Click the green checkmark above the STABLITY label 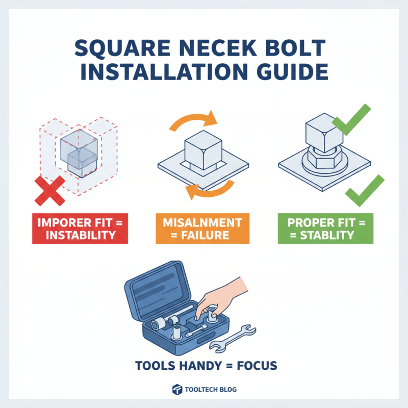(x=364, y=190)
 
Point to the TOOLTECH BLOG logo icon (x=177, y=390)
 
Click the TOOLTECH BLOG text (x=211, y=390)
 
